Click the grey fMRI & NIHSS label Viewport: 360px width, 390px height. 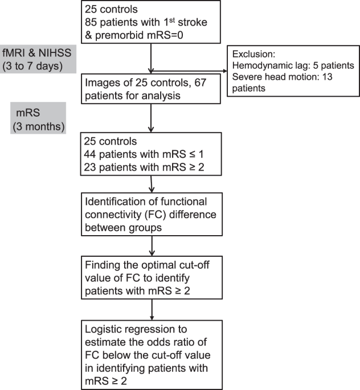click(38, 59)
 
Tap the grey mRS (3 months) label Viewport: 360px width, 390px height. click(38, 118)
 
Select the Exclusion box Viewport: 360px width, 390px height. click(293, 71)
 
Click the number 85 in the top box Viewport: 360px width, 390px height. click(91, 22)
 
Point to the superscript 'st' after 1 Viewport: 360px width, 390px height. click(172, 19)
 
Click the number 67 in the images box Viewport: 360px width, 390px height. click(201, 83)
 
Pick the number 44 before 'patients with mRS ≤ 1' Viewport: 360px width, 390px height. click(90, 154)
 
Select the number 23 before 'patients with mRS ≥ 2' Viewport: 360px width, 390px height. click(90, 167)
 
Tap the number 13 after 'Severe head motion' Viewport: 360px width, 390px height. click(326, 77)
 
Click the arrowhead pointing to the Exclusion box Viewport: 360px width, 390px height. click(225, 71)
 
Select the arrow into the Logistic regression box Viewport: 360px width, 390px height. click(152, 310)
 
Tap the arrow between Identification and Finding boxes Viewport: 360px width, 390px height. click(152, 246)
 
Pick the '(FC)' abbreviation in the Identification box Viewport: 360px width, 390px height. click(156, 215)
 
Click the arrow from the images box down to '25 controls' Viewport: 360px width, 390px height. click(151, 118)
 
